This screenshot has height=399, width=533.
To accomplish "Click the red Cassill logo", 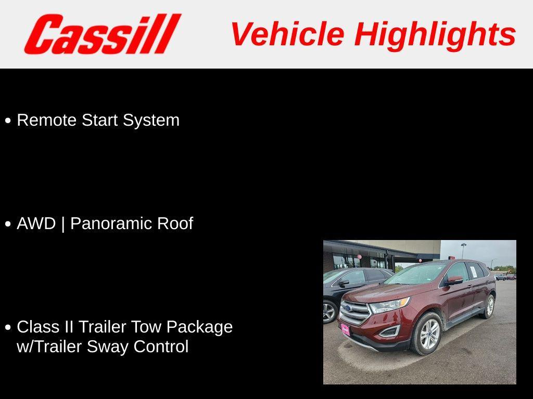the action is (103, 34).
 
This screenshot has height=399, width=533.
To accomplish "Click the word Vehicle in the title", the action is (287, 34).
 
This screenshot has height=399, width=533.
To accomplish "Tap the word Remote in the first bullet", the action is (46, 120).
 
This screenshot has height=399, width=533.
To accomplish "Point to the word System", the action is (151, 121).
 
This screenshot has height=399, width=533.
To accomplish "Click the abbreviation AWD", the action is (36, 223).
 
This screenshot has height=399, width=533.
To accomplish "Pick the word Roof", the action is (175, 223).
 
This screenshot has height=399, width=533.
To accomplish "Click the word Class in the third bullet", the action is (37, 327).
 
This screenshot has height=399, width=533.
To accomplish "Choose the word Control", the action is (161, 347).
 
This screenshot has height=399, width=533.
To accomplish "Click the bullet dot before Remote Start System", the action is (8, 121).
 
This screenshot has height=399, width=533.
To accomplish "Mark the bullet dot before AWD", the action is (8, 224).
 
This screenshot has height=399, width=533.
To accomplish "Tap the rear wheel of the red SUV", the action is (488, 307).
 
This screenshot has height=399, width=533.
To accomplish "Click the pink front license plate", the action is (345, 329).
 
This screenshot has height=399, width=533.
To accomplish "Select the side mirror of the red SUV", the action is (455, 280).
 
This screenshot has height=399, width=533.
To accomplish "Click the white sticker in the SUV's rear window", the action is (473, 271).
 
